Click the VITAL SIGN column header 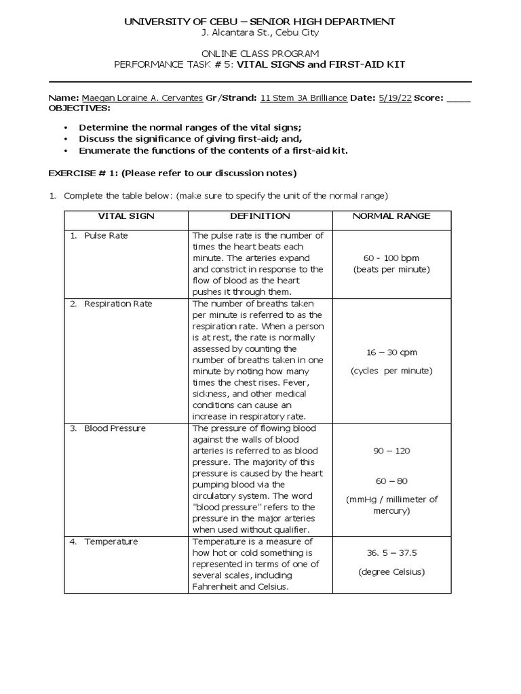[126, 216]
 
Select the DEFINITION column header [260, 216]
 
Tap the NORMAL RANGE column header [391, 216]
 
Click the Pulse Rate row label [105, 236]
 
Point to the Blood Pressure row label [115, 428]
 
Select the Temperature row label [111, 542]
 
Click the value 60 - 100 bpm [391, 258]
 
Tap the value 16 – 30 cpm [391, 352]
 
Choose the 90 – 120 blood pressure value [391, 451]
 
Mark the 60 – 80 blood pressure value [391, 481]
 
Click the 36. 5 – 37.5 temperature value [391, 552]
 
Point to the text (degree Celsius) [391, 571]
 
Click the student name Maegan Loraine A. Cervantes [142, 98]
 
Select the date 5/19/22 [397, 98]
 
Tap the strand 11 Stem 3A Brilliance [304, 98]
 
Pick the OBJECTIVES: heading [78, 108]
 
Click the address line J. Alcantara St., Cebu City [259, 33]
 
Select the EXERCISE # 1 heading [172, 173]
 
